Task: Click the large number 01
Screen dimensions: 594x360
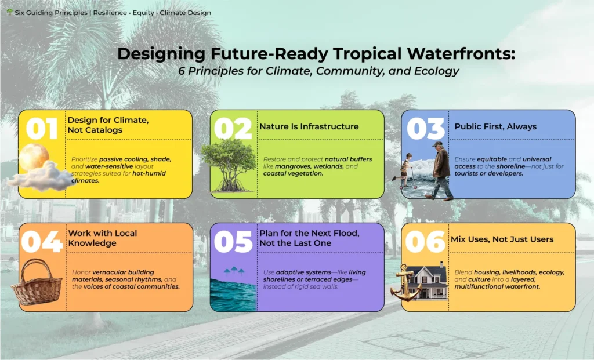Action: tap(42, 128)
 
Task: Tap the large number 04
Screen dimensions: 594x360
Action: tap(42, 241)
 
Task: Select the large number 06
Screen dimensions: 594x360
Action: tap(425, 241)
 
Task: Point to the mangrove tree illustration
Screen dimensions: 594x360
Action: tap(229, 165)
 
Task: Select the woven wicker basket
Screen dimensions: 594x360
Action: tap(37, 282)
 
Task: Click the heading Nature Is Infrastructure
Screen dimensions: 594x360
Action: tap(309, 126)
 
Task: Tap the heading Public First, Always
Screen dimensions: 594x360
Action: tap(495, 127)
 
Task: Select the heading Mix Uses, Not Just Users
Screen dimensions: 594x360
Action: tap(502, 239)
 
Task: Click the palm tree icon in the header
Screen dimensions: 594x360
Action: tap(9, 12)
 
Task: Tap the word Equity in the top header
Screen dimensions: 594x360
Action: tap(143, 13)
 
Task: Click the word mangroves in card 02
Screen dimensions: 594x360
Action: tap(290, 166)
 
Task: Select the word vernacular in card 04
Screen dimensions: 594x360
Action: tap(109, 272)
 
